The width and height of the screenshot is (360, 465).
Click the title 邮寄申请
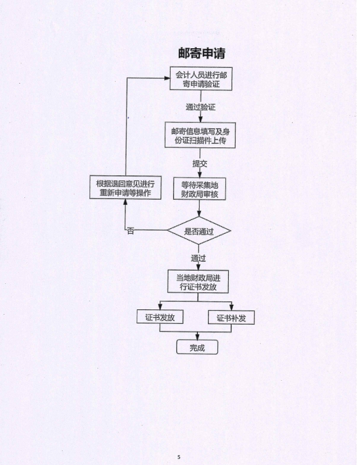201,53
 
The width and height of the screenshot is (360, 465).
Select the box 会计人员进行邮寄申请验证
200,80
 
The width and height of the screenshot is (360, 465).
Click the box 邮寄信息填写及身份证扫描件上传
199,135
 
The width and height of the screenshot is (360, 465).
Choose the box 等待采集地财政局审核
199,189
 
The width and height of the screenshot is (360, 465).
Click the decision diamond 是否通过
199,231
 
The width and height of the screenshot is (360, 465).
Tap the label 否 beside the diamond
131,231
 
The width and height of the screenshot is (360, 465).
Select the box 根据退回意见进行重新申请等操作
125,188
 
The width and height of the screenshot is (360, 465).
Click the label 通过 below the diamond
199,258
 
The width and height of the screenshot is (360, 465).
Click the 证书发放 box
160,318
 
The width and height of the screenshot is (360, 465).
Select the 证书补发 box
231,318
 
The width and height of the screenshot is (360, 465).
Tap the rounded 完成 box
197,348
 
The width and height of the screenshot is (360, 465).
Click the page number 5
179,457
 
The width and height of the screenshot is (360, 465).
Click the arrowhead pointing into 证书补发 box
231,307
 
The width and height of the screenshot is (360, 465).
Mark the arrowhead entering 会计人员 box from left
165,78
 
